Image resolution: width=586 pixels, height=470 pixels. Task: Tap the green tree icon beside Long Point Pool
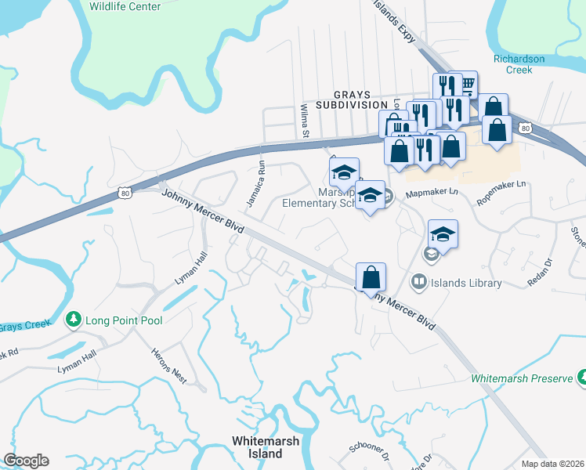[x=73, y=319]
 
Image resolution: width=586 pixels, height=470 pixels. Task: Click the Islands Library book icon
[x=419, y=281]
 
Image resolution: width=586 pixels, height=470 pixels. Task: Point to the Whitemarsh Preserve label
[x=522, y=378]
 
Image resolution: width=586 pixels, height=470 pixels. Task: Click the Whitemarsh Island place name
[x=266, y=447]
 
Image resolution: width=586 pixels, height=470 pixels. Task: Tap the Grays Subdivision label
[x=352, y=104]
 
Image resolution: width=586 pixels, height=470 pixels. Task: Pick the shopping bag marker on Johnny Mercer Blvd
[x=371, y=277]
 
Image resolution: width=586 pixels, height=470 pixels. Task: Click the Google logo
[x=26, y=461]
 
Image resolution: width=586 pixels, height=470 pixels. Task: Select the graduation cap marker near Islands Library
[x=443, y=235]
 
